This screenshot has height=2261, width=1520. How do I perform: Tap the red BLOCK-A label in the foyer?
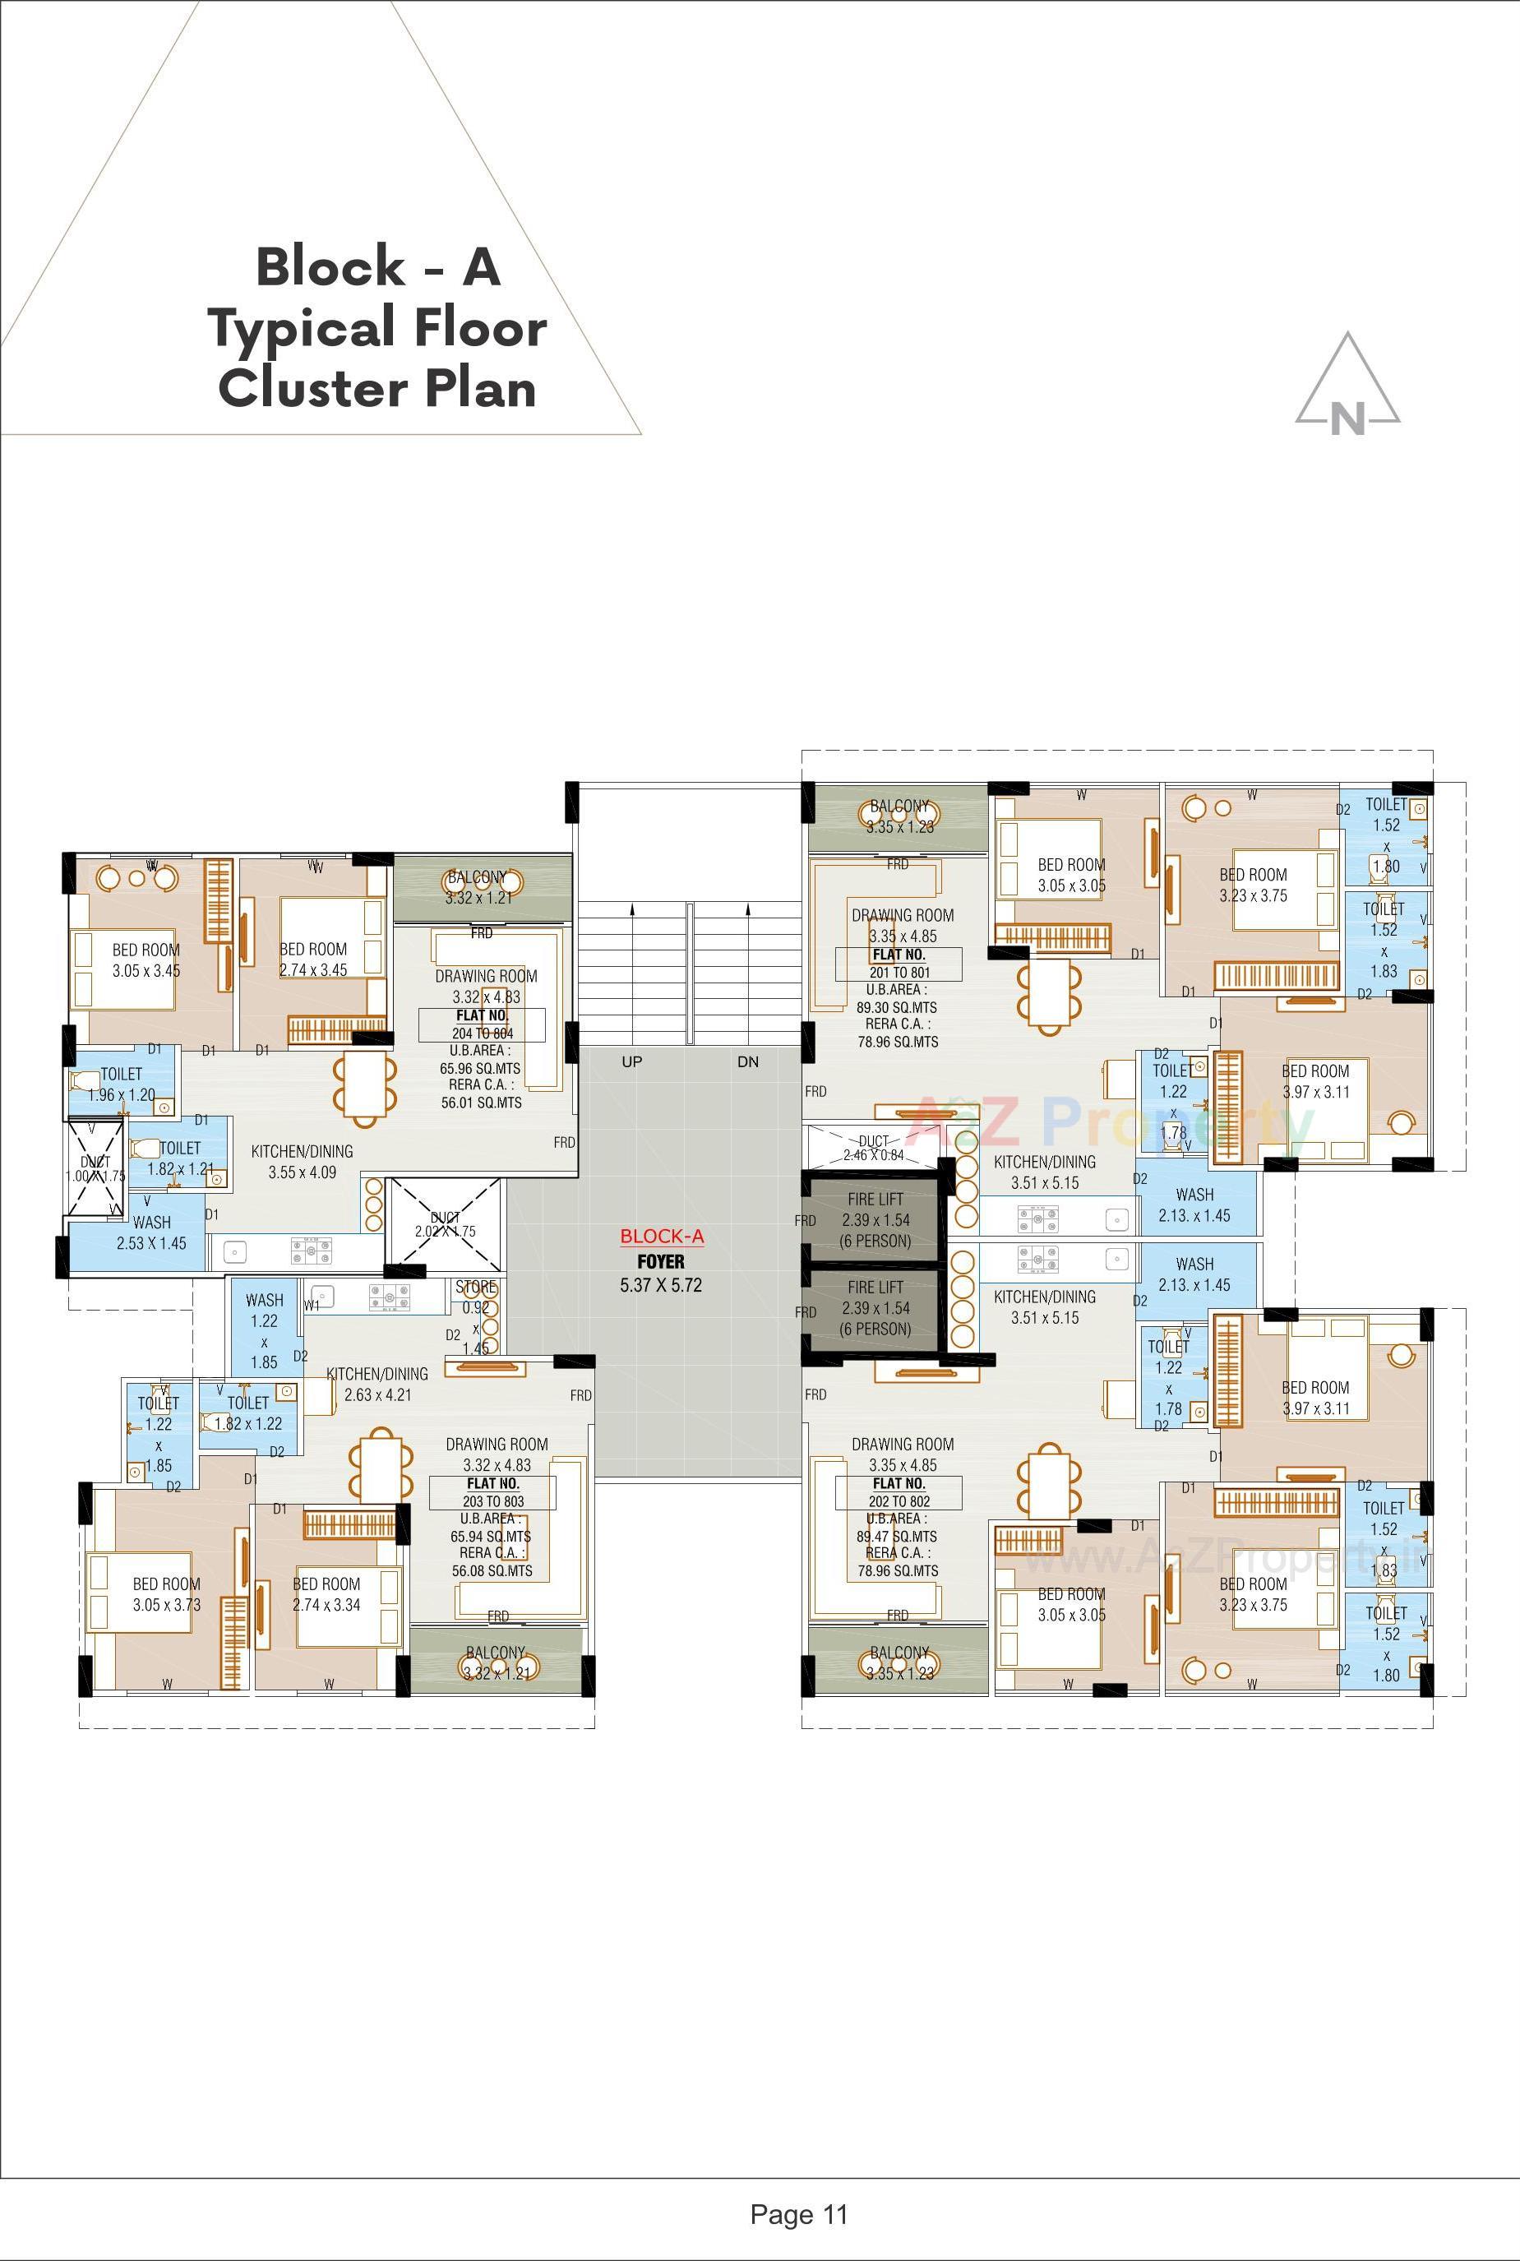pyautogui.click(x=661, y=1237)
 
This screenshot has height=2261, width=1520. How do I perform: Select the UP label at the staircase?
pyautogui.click(x=632, y=1061)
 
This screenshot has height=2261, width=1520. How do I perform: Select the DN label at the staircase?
pyautogui.click(x=747, y=1061)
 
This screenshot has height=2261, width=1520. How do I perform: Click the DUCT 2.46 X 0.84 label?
pyautogui.click(x=872, y=1148)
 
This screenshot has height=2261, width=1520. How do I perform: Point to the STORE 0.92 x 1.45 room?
pyautogui.click(x=476, y=1316)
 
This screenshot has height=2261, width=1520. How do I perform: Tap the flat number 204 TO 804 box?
pyautogui.click(x=482, y=1024)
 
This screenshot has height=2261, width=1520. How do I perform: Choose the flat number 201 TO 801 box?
pyautogui.click(x=899, y=964)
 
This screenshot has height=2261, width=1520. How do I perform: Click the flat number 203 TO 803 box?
pyautogui.click(x=492, y=1492)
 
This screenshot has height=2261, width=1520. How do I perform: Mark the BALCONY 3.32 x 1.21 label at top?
pyautogui.click(x=477, y=887)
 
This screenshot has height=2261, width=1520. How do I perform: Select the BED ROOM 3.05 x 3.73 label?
pyautogui.click(x=167, y=1594)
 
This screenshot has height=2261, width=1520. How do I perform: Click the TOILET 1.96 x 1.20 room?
pyautogui.click(x=122, y=1084)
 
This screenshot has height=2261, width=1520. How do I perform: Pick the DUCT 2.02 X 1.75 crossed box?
pyautogui.click(x=445, y=1223)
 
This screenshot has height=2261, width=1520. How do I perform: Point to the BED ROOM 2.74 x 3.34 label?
pyautogui.click(x=326, y=1594)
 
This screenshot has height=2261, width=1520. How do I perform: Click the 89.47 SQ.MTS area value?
pyautogui.click(x=897, y=1537)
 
